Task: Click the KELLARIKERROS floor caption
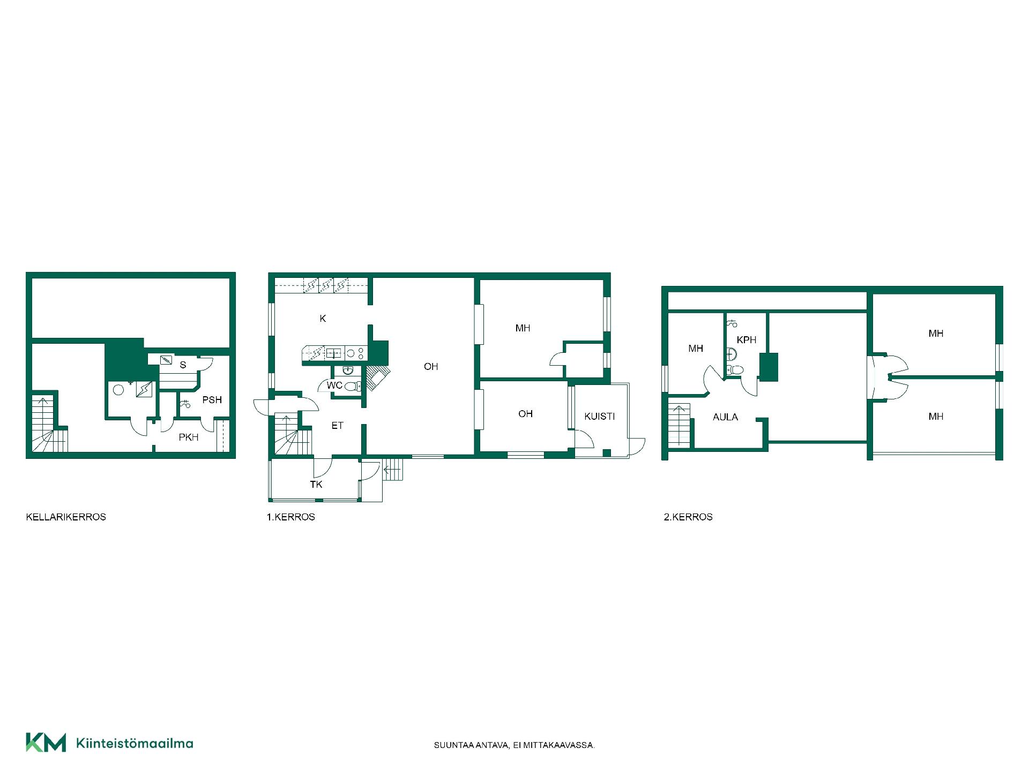(66, 517)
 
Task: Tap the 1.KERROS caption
(291, 517)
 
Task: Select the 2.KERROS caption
(688, 517)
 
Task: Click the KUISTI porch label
(600, 417)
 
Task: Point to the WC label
(334, 385)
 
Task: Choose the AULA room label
(726, 417)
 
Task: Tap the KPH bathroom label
(747, 340)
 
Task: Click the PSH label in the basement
(212, 400)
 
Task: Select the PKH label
(189, 437)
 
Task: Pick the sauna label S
(183, 365)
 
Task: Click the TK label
(316, 485)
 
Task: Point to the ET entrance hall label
(337, 426)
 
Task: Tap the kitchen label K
(323, 319)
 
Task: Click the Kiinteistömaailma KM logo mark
(46, 743)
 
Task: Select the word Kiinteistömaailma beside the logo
(135, 743)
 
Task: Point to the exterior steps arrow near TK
(392, 470)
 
